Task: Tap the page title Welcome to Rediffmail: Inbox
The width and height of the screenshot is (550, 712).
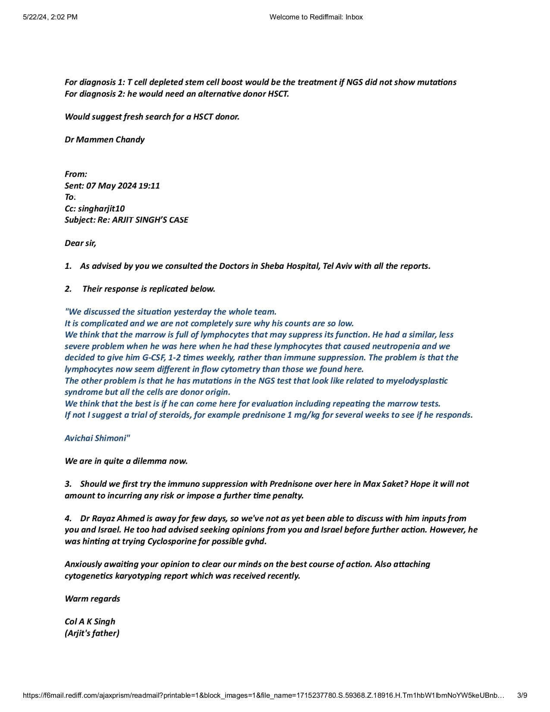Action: (x=316, y=17)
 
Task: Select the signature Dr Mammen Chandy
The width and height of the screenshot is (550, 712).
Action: (x=104, y=139)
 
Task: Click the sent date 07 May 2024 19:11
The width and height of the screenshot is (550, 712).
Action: (x=123, y=186)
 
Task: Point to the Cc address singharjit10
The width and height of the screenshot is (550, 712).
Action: (x=101, y=208)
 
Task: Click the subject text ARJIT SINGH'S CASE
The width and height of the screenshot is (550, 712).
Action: (x=150, y=220)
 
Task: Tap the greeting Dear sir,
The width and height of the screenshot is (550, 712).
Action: (x=80, y=243)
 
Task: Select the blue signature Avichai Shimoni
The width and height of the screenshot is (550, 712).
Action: (x=96, y=438)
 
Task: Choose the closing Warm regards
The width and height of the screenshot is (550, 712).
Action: (x=92, y=599)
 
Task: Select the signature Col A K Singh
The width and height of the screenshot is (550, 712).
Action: (x=90, y=621)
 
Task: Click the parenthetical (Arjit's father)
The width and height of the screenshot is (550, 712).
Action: (x=92, y=633)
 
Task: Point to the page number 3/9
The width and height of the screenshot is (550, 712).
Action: (x=522, y=695)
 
